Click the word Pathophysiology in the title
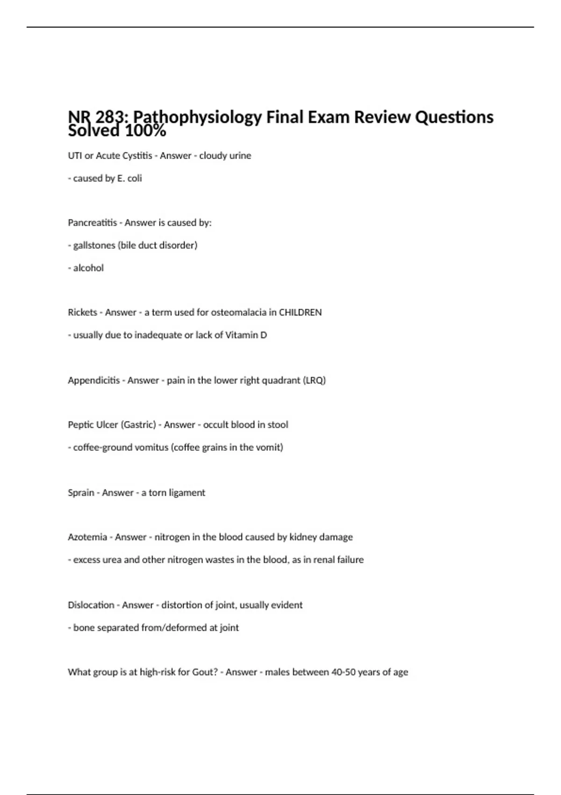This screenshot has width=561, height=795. (x=197, y=117)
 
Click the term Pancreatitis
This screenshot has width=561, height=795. (x=93, y=223)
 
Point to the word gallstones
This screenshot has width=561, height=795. (x=94, y=245)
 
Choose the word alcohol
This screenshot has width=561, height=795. (x=88, y=268)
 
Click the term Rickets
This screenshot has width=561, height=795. (x=82, y=312)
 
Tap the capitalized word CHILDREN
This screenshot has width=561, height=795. (x=300, y=312)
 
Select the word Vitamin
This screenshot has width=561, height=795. (x=242, y=335)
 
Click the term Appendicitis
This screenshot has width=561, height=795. (x=94, y=380)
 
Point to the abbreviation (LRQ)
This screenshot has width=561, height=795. (x=314, y=380)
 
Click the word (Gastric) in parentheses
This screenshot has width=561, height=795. (x=138, y=425)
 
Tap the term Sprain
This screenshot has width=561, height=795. (x=81, y=492)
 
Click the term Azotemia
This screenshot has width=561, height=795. (x=87, y=537)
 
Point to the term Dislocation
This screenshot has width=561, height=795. (x=91, y=605)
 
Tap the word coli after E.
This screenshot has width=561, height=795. (x=135, y=178)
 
